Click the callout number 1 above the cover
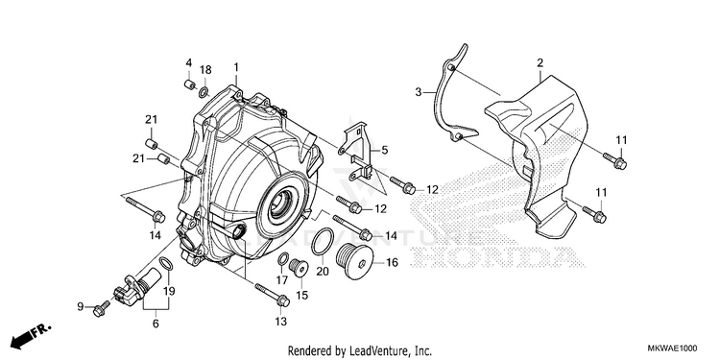click(236, 67)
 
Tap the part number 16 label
click(392, 263)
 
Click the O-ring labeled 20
click(323, 241)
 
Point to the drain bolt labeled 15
click(298, 268)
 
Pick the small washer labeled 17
click(283, 258)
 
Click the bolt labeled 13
click(272, 295)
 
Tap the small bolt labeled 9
click(102, 308)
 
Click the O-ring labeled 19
click(166, 264)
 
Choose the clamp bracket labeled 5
click(358, 152)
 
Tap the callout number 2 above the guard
click(540, 63)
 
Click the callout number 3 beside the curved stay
click(419, 92)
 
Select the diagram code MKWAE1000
click(672, 348)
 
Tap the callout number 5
click(384, 150)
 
